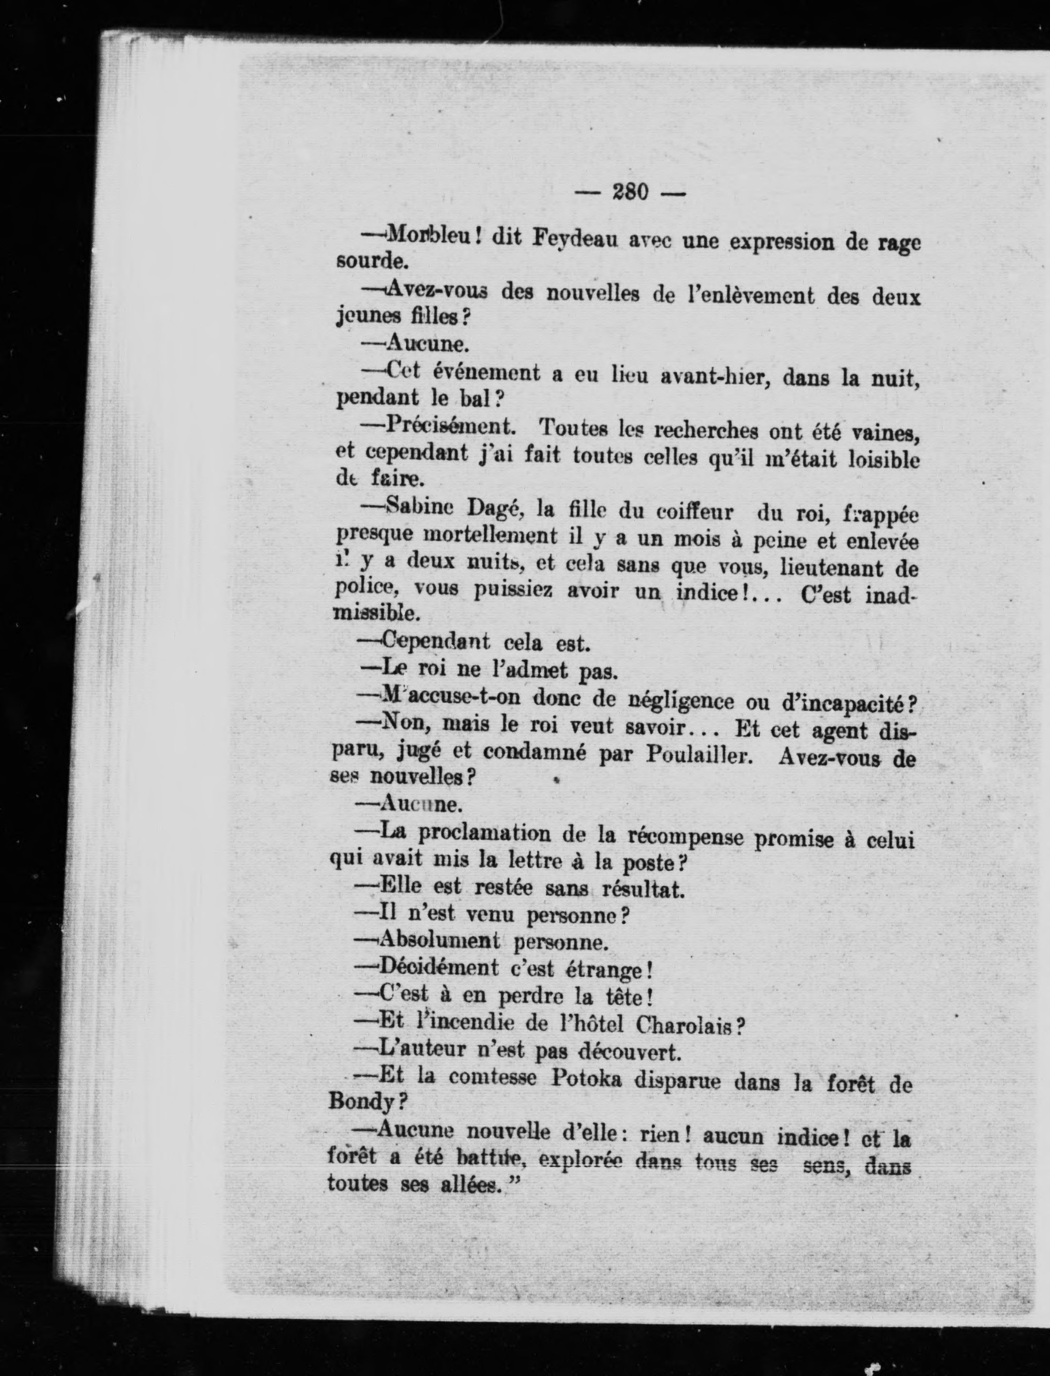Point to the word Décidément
click(x=439, y=967)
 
